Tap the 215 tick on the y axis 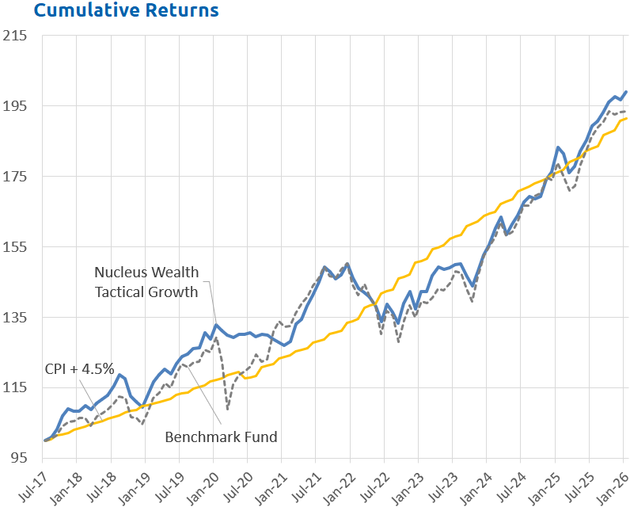[x=15, y=36]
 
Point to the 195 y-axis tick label [x=15, y=106]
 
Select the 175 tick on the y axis [x=15, y=177]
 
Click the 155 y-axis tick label [x=15, y=247]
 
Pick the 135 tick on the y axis [x=15, y=318]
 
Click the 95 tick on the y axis [x=18, y=458]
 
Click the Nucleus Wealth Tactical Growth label [x=146, y=283]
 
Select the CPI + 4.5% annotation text [x=79, y=368]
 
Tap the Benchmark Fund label [x=221, y=437]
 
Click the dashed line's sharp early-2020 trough [x=227, y=410]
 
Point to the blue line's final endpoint [x=626, y=92]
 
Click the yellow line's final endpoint [x=626, y=119]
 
